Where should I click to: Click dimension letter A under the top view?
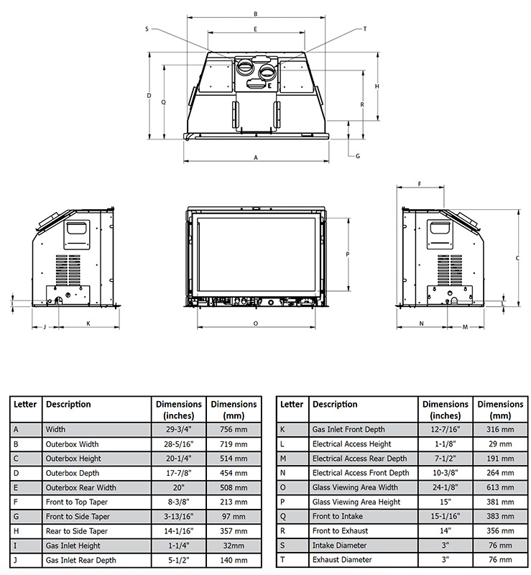click(x=256, y=157)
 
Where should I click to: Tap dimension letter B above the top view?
click(x=256, y=14)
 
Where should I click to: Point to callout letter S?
click(x=147, y=29)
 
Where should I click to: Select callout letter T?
click(x=365, y=29)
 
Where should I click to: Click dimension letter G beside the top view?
click(x=358, y=156)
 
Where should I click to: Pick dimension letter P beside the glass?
click(x=348, y=254)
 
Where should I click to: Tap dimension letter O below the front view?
click(x=256, y=323)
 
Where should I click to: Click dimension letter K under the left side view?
click(x=88, y=323)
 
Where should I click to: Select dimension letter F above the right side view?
click(x=420, y=184)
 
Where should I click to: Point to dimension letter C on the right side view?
click(x=517, y=258)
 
